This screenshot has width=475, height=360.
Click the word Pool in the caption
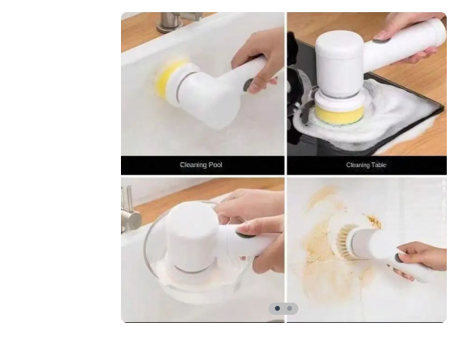pyautogui.click(x=215, y=165)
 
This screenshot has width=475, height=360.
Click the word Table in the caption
pyautogui.click(x=379, y=165)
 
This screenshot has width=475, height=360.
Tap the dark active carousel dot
pyautogui.click(x=277, y=308)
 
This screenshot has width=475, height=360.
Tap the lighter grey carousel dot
pyautogui.click(x=290, y=308)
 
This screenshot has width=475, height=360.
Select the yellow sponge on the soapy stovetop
pyautogui.click(x=339, y=115)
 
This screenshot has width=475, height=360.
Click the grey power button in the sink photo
pyautogui.click(x=249, y=85)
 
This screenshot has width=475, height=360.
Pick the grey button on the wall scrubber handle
pyautogui.click(x=398, y=258)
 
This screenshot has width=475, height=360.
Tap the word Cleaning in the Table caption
pyautogui.click(x=358, y=165)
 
